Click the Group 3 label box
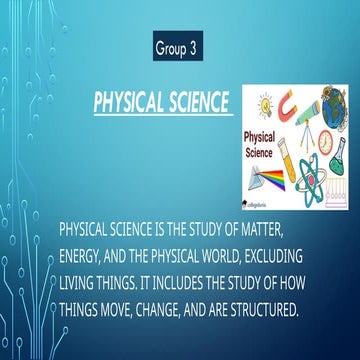click(180, 46)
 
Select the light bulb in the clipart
click(265, 105)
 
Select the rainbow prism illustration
click(267, 177)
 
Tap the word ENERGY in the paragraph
click(85, 254)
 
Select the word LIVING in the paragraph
click(81, 279)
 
